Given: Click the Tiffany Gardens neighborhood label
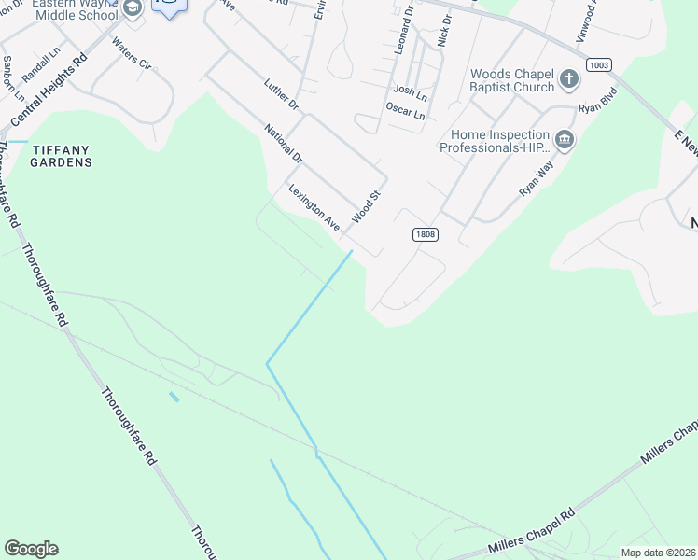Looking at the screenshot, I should tap(63, 156).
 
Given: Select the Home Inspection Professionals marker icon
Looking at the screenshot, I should tap(564, 141).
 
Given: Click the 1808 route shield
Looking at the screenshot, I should tap(425, 234).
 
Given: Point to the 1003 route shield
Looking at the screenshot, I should tap(599, 63).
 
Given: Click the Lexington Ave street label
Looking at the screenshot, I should tap(314, 207).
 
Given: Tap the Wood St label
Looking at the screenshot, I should tap(368, 207).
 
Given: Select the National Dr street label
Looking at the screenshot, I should tap(284, 143).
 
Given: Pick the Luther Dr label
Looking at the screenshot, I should tap(280, 93).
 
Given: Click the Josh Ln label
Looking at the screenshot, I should tap(410, 91).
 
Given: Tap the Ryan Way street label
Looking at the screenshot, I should tap(537, 176).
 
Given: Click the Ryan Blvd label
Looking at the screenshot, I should tap(597, 101).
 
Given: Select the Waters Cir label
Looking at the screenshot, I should tap(131, 54).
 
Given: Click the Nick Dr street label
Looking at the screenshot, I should tap(443, 31).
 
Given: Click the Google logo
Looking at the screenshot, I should tap(31, 549).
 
